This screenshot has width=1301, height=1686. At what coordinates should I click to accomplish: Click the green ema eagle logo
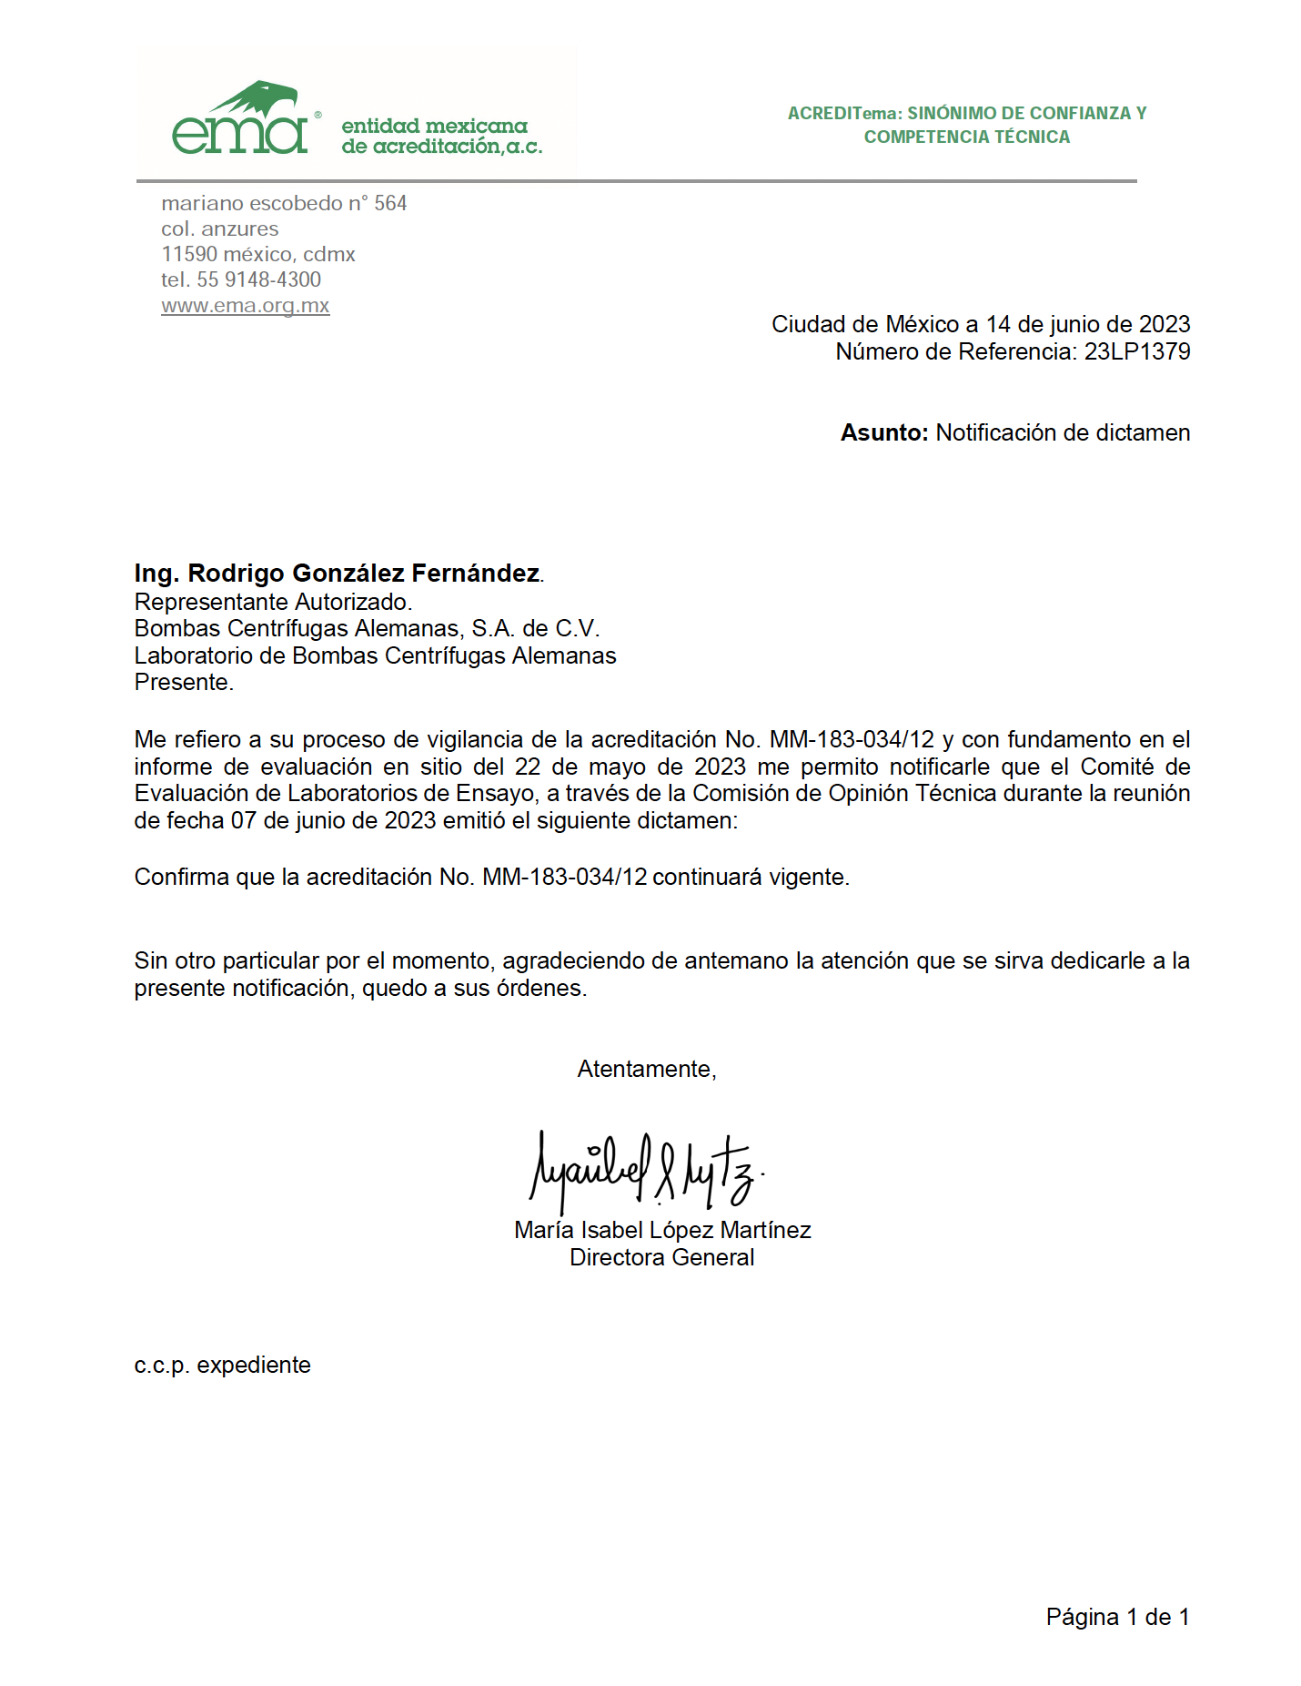click(x=242, y=119)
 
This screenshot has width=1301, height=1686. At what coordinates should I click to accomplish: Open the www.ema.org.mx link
click(x=246, y=306)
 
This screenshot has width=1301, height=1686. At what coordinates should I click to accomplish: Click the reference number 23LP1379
click(x=1136, y=352)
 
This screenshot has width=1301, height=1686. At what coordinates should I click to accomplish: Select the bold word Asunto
click(x=883, y=433)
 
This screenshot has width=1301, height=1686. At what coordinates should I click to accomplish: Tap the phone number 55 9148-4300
click(x=259, y=280)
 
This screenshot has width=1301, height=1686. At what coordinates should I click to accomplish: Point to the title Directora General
click(x=661, y=1258)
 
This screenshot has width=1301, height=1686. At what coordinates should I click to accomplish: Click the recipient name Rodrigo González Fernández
click(x=363, y=574)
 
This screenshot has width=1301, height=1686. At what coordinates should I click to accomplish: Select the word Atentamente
click(x=646, y=1070)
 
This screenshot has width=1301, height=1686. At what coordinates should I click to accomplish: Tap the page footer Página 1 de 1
click(x=1117, y=1618)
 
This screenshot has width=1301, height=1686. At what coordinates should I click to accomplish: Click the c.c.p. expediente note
click(x=222, y=1366)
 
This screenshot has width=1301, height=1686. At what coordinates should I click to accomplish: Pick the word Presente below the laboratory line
click(x=183, y=683)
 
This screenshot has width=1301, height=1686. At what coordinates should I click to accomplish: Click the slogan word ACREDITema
click(x=843, y=114)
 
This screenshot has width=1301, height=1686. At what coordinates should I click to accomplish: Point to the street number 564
click(x=390, y=204)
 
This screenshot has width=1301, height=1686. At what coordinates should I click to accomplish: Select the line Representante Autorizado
click(x=273, y=603)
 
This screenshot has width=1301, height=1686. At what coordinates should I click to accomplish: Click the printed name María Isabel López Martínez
click(x=661, y=1231)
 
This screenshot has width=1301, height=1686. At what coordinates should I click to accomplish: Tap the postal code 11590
click(x=187, y=255)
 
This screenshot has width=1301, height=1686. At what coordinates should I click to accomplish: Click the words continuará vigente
click(x=750, y=878)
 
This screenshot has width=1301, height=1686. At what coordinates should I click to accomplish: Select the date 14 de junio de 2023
click(x=1087, y=325)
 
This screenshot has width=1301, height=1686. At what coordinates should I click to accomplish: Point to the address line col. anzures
click(x=220, y=229)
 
